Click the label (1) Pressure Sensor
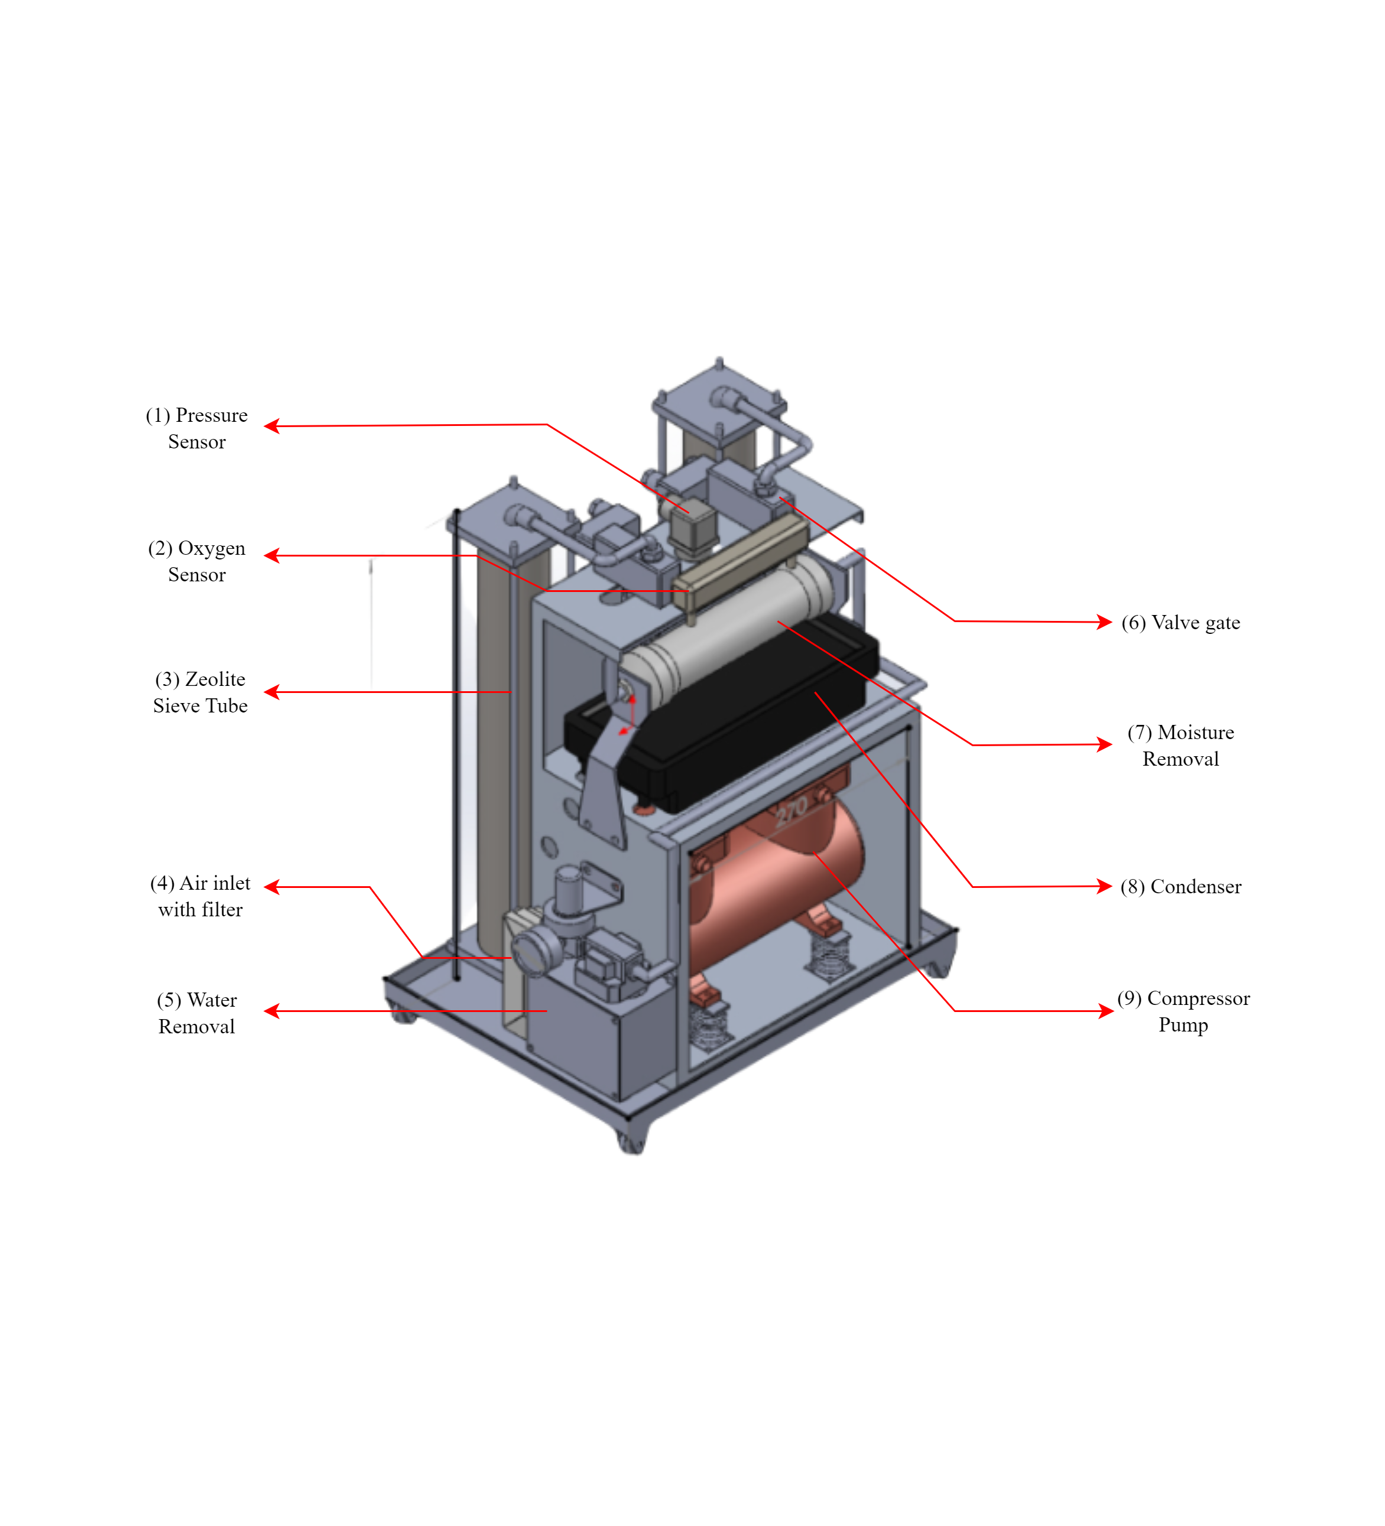tap(196, 428)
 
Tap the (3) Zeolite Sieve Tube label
tap(200, 692)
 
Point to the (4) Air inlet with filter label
tap(200, 896)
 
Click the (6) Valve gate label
tap(1180, 623)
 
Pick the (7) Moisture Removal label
tap(1180, 746)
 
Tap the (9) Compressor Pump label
tap(1183, 1011)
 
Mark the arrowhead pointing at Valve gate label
tap(1104, 622)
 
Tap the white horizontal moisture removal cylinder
tap(727, 628)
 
